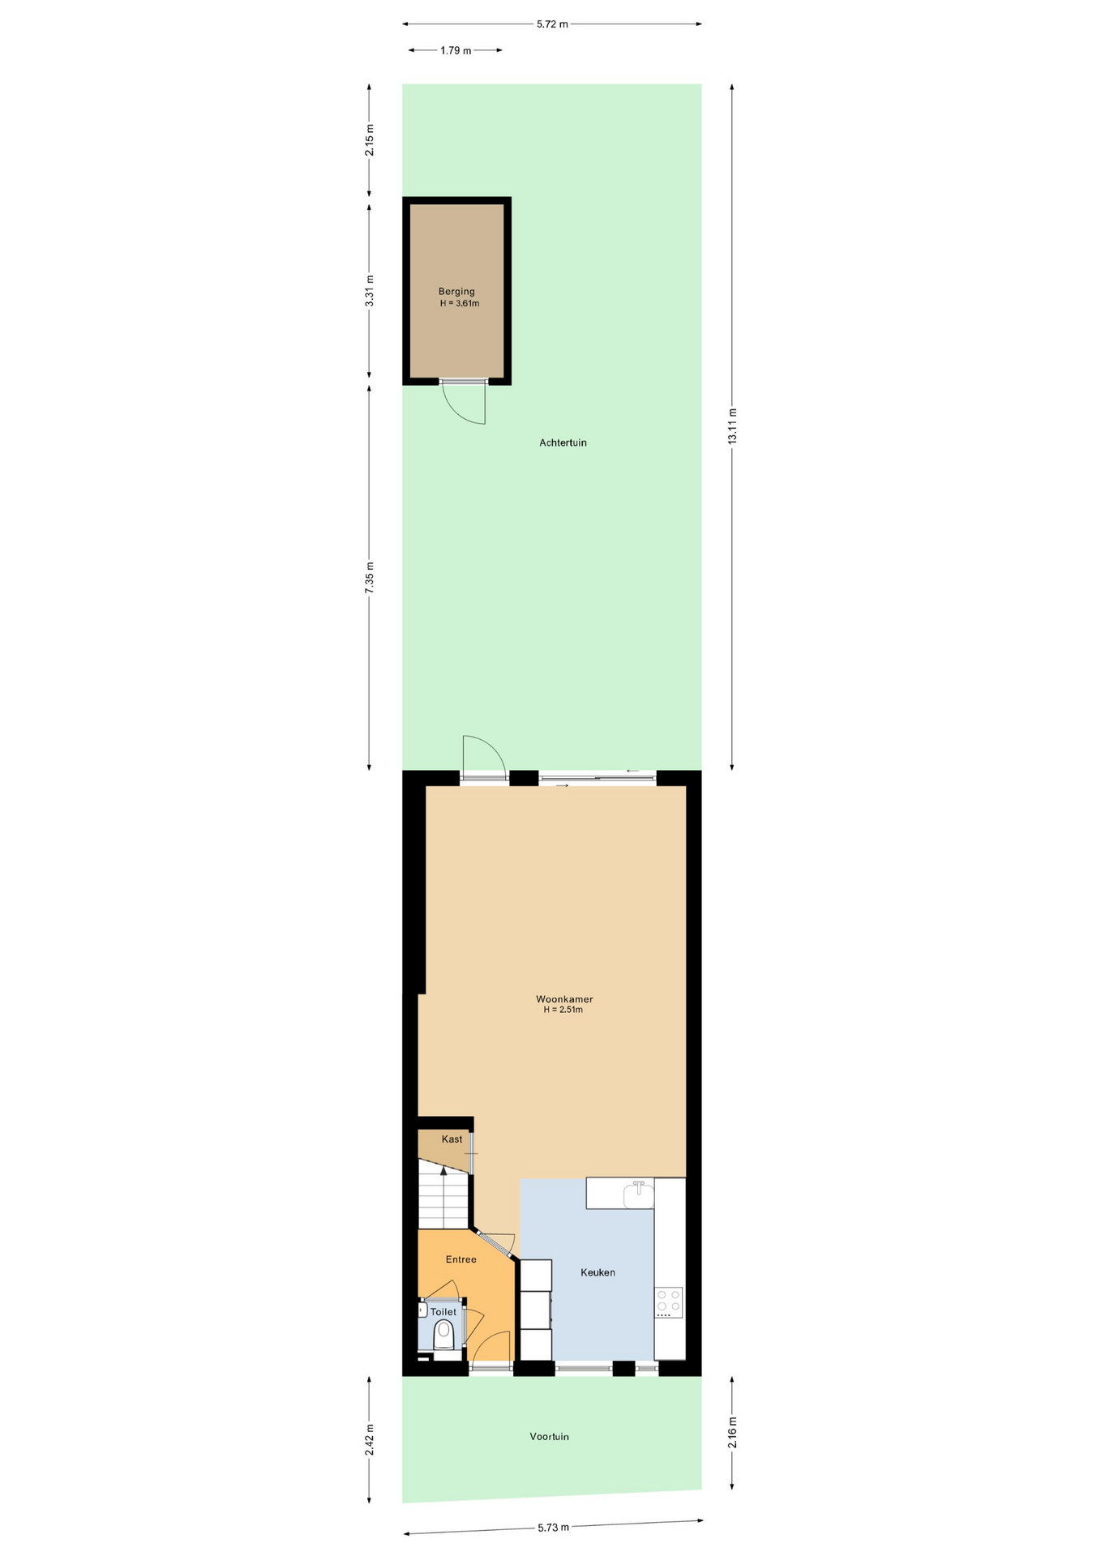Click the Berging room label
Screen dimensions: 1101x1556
pos(456,292)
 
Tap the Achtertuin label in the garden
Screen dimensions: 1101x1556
pos(563,442)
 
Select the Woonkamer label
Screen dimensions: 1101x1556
pos(564,999)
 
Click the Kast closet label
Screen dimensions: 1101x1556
pos(452,1139)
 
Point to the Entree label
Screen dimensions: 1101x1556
pos(461,1259)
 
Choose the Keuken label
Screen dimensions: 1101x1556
pos(598,1272)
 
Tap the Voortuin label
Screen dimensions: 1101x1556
pos(549,1436)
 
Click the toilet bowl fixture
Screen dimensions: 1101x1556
pos(443,1334)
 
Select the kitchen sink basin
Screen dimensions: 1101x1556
pos(638,1195)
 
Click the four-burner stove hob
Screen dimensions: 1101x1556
pos(669,1302)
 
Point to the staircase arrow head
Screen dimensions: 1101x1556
pos(443,1170)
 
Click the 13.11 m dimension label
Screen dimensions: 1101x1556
pos(732,426)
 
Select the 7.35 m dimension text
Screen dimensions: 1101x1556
pos(369,578)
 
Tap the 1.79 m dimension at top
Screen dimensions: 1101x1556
pos(456,50)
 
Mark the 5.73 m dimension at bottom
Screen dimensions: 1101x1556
pos(553,1527)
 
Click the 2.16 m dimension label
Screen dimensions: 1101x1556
pos(732,1432)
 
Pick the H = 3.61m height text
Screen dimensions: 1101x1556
pos(460,304)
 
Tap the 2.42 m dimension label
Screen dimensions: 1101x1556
pos(369,1439)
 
